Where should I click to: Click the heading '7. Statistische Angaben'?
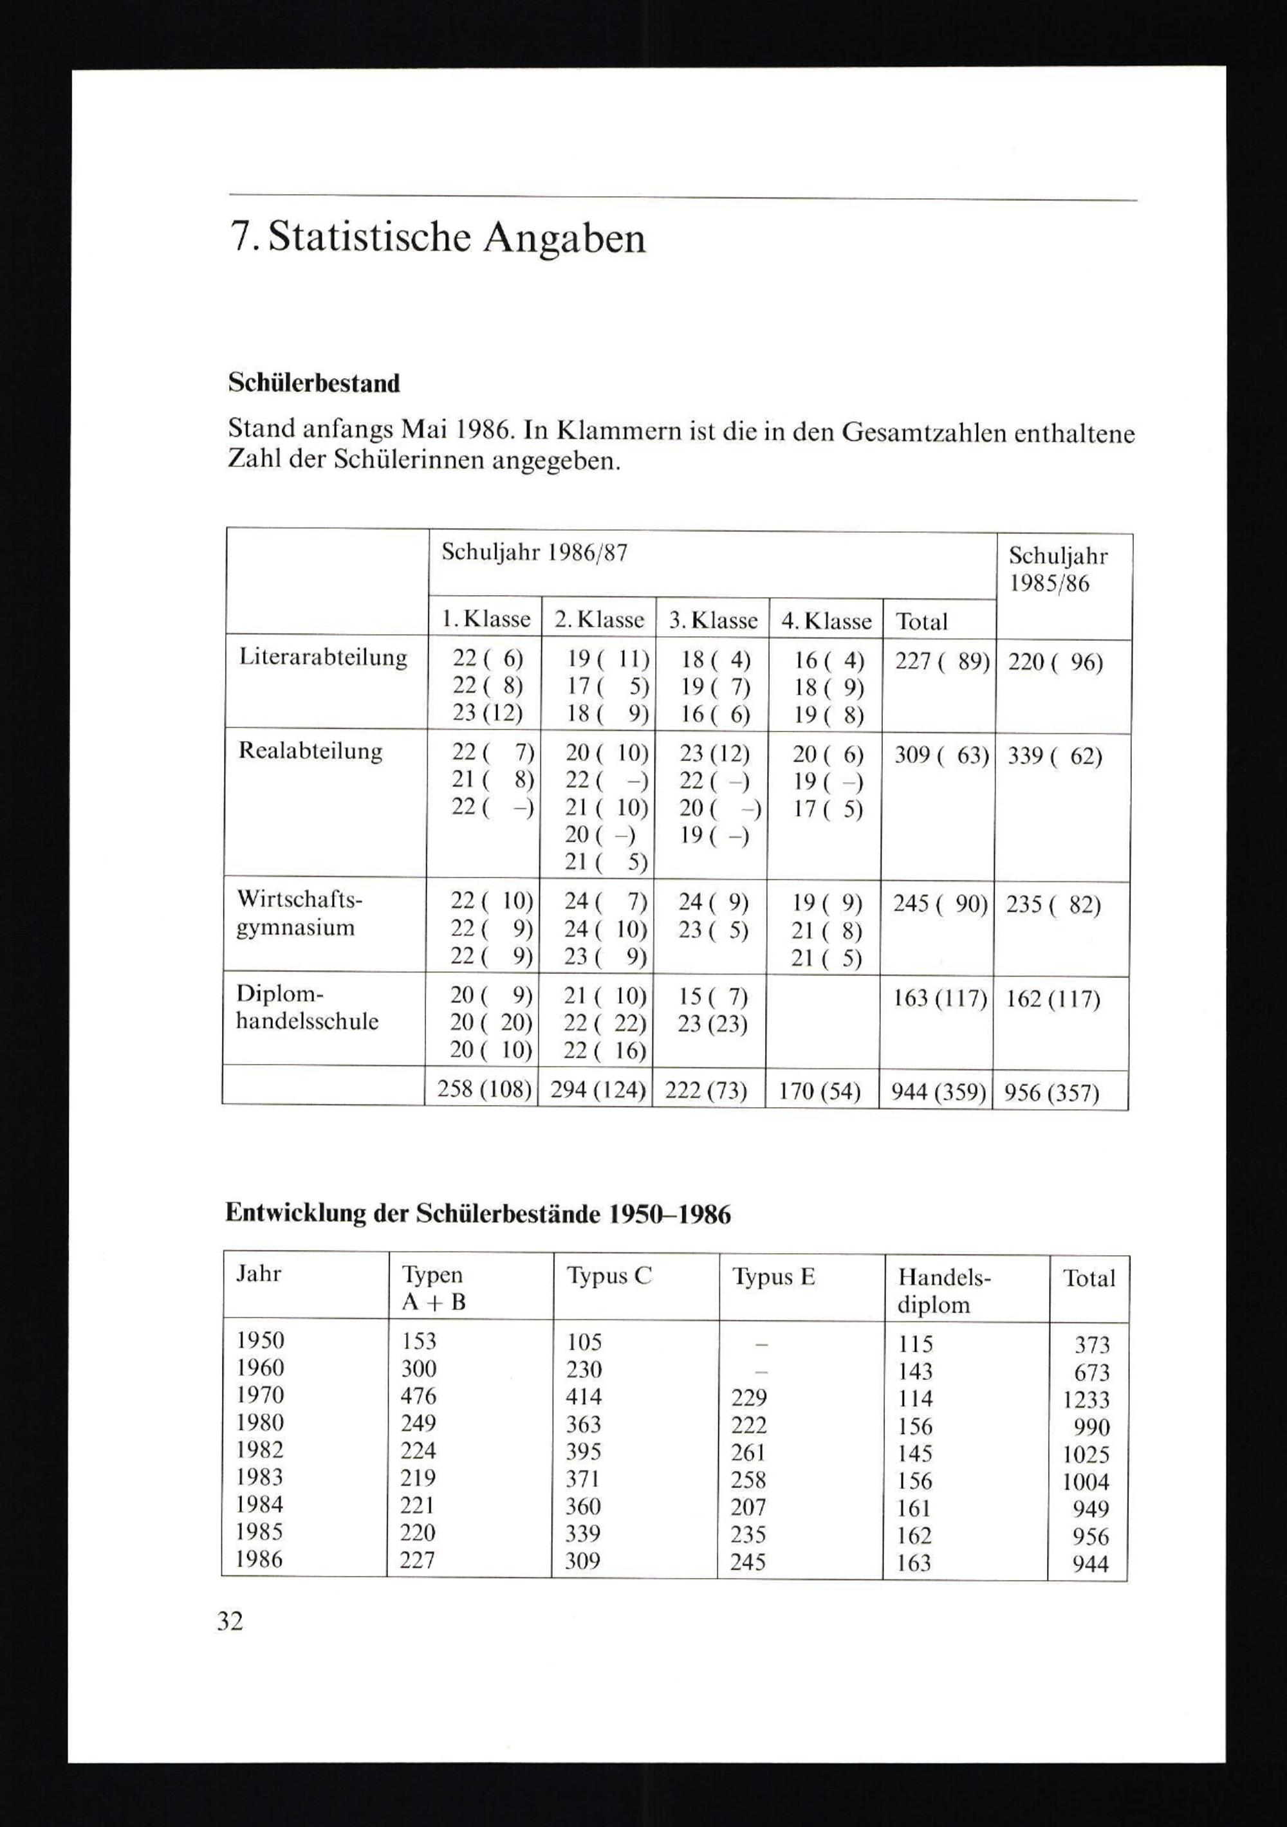pyautogui.click(x=437, y=239)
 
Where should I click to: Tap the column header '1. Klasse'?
pyautogui.click(x=485, y=619)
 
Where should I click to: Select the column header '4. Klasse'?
pyautogui.click(x=826, y=621)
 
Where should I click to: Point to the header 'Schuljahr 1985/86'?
pyautogui.click(x=1058, y=570)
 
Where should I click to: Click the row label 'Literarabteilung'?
pyautogui.click(x=323, y=657)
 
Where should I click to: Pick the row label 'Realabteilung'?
pyautogui.click(x=310, y=751)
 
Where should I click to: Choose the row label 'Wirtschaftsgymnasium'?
pyautogui.click(x=299, y=913)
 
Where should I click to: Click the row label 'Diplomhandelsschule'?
pyautogui.click(x=306, y=1007)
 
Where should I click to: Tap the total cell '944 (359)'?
pyautogui.click(x=939, y=1092)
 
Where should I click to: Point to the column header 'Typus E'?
pyautogui.click(x=773, y=1277)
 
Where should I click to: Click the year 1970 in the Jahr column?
pyautogui.click(x=259, y=1395)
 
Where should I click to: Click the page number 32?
pyautogui.click(x=230, y=1622)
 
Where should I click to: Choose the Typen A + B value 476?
pyautogui.click(x=419, y=1396)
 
